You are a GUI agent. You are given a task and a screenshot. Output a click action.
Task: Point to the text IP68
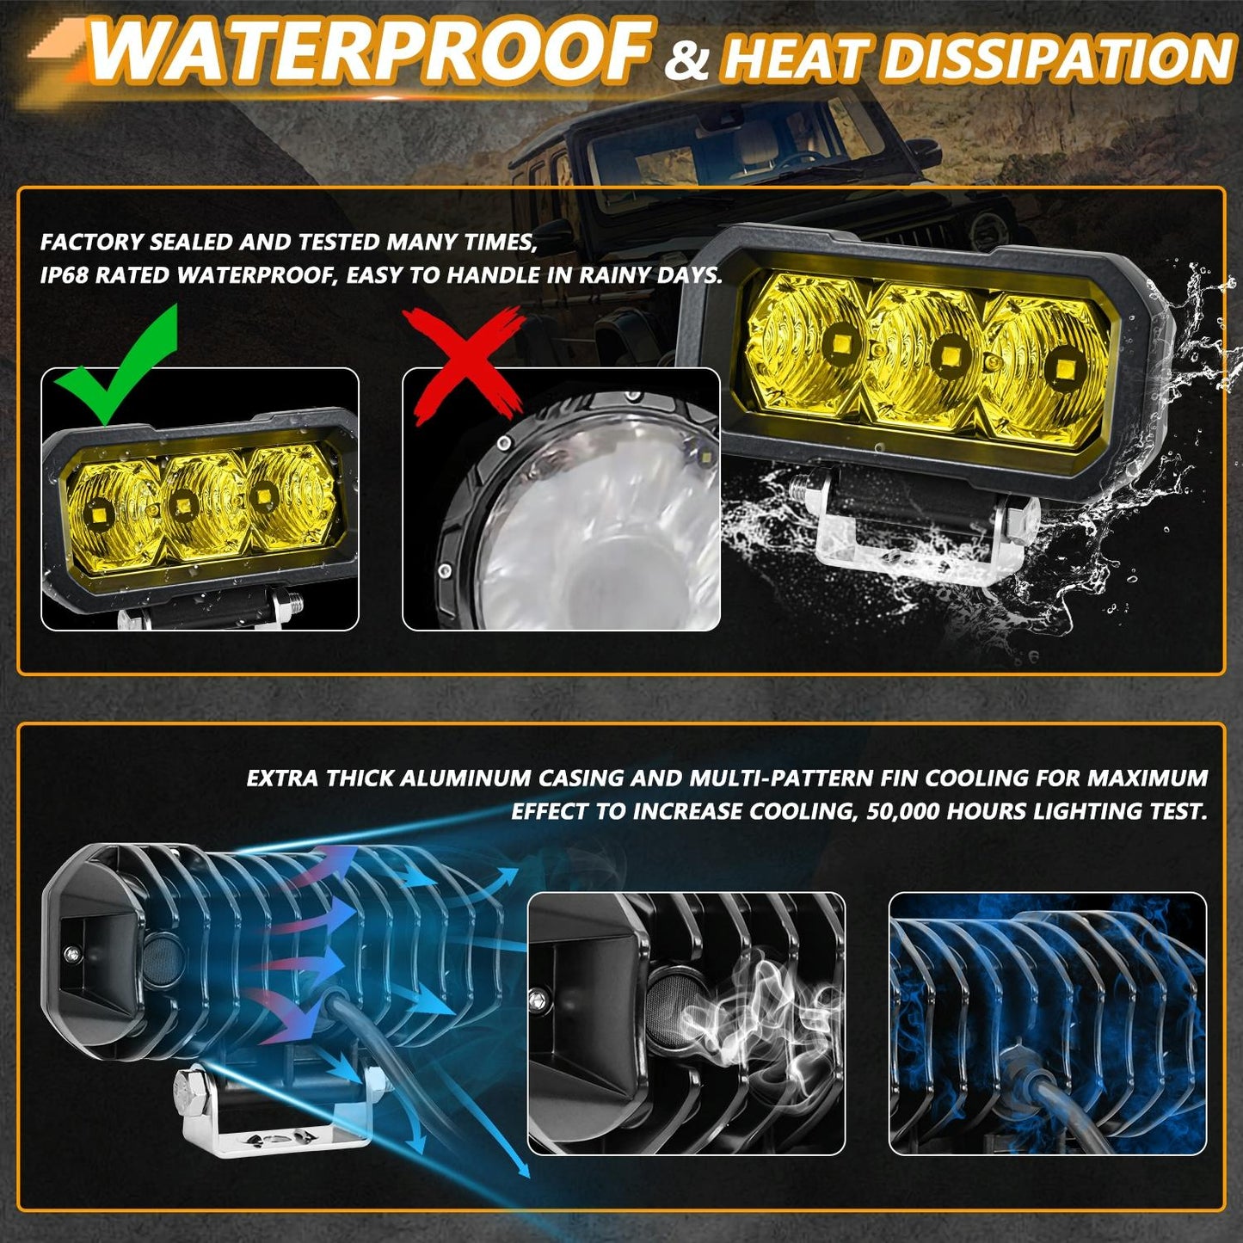pyautogui.click(x=65, y=275)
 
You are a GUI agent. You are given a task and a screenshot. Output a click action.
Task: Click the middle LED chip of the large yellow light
pyautogui.click(x=950, y=354)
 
